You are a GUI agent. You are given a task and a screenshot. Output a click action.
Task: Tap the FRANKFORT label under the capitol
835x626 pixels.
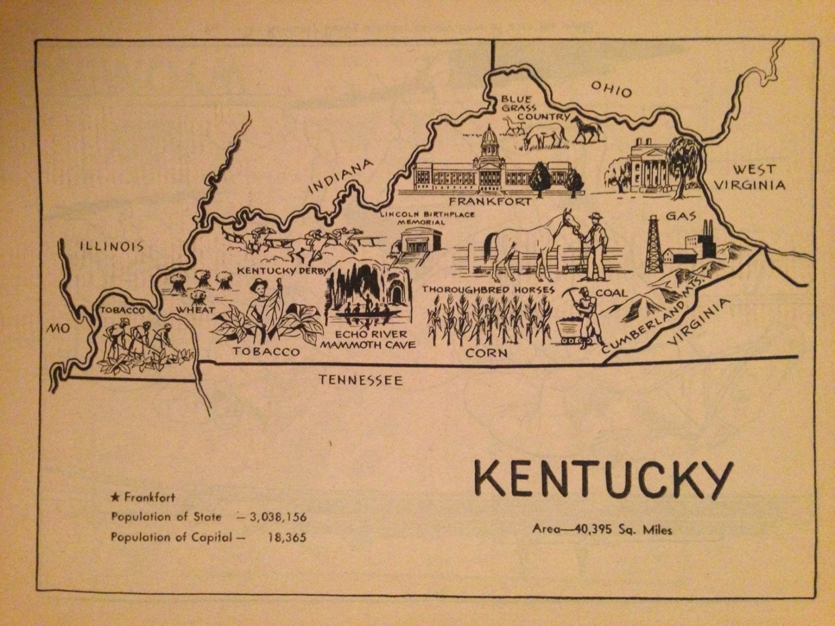(490, 201)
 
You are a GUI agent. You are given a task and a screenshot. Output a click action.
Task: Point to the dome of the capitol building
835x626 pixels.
(489, 138)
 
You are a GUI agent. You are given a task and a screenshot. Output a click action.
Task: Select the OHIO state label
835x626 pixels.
(611, 89)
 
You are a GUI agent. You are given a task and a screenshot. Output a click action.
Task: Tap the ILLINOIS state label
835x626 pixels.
(111, 246)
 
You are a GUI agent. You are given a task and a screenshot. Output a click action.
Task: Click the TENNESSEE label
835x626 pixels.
(360, 380)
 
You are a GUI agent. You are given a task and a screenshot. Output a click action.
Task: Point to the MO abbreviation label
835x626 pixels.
(57, 328)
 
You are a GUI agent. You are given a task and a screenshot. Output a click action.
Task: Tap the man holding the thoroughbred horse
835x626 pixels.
(594, 245)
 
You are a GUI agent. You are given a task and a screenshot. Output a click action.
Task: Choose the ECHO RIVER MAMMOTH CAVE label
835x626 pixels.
(368, 339)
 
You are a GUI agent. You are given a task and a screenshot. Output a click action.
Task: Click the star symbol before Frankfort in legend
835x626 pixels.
(116, 497)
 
